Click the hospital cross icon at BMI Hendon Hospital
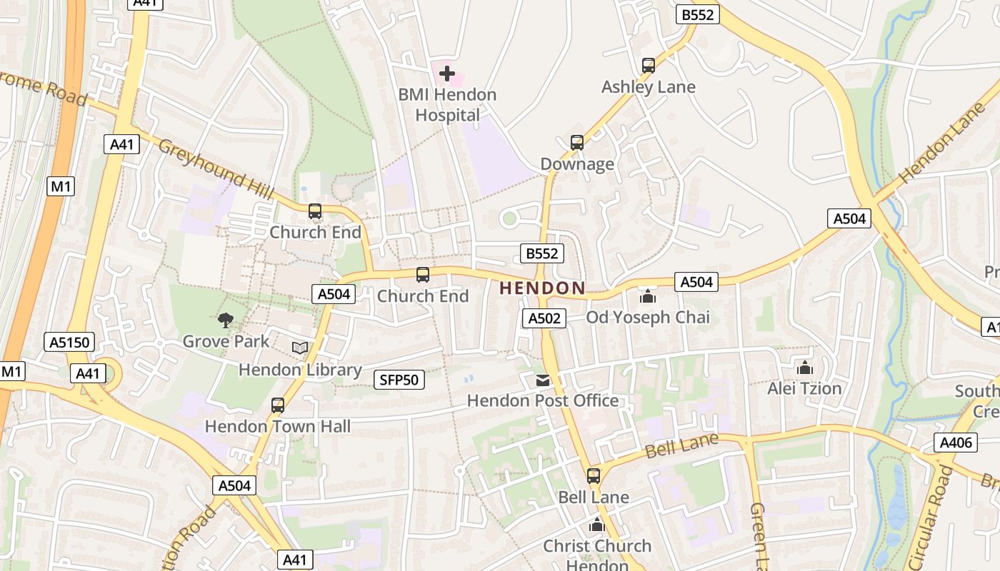coord(447,73)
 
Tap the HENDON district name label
coord(542,288)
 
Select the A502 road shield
coord(544,318)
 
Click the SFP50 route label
coord(399,380)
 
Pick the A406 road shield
coord(956,443)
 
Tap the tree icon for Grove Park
coord(226,320)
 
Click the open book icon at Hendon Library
coord(300,348)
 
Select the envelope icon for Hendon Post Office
coord(543,380)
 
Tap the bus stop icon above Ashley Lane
coord(649,66)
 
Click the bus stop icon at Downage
coord(577,143)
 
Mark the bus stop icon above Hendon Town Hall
coord(278,405)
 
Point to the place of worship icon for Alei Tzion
coord(805,368)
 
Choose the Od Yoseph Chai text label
coord(648,317)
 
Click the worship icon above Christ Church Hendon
coord(597,525)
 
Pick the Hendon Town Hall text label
coord(278,427)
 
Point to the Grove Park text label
coord(226,341)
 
